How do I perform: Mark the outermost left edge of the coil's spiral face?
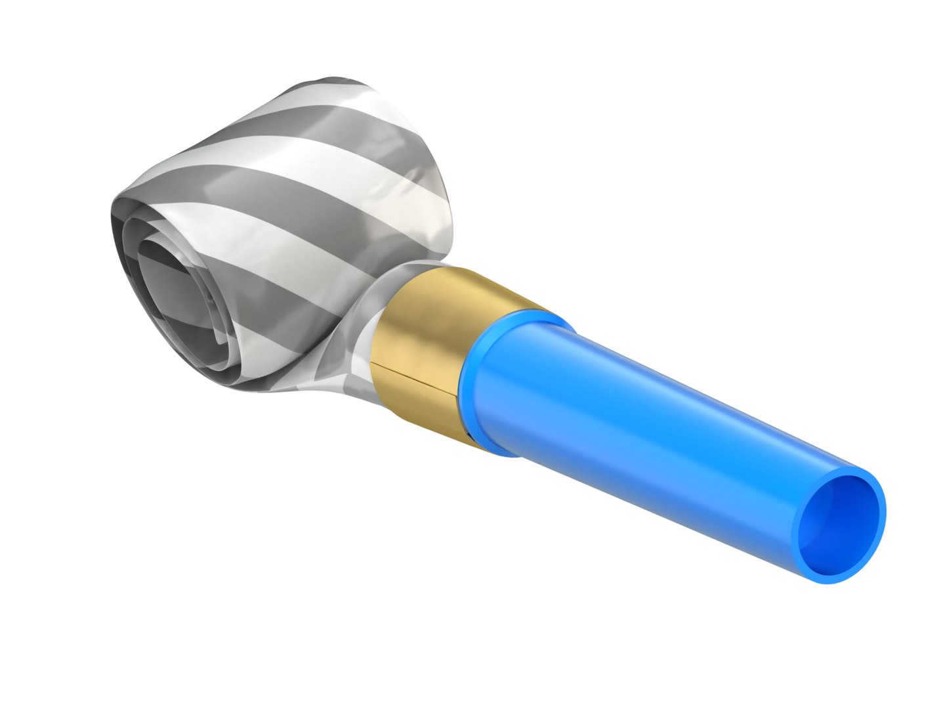tap(112, 217)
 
